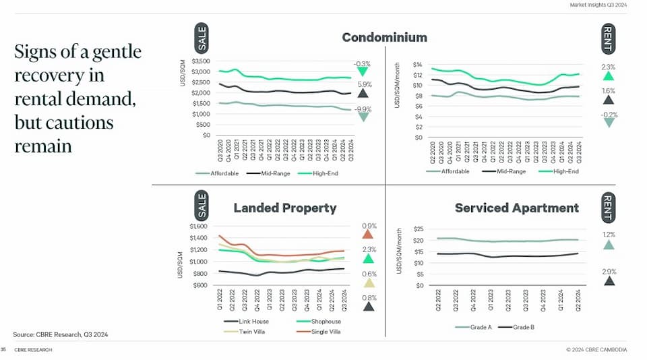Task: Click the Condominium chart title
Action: pos(384,37)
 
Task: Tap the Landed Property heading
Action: pos(284,208)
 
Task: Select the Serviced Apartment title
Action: pos(516,208)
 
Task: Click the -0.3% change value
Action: pos(363,64)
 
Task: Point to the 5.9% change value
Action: pos(364,84)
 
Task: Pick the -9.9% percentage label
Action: pos(364,109)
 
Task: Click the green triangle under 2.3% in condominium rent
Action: pos(609,76)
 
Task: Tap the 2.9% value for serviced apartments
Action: pos(609,271)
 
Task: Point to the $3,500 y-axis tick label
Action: pos(201,61)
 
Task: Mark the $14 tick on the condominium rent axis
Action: pos(417,65)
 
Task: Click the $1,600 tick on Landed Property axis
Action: pos(199,227)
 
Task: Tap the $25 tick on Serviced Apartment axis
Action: pos(418,229)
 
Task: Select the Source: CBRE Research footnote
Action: pos(61,334)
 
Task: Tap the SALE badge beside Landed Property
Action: pos(202,204)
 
